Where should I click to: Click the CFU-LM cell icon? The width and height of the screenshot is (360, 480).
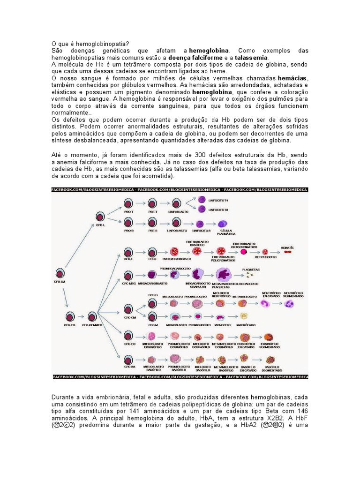tap(60, 273)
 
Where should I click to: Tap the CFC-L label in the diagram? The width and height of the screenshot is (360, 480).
tap(101, 225)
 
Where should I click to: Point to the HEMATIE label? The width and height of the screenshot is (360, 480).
tap(287, 247)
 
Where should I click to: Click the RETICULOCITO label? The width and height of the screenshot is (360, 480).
tap(265, 257)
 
